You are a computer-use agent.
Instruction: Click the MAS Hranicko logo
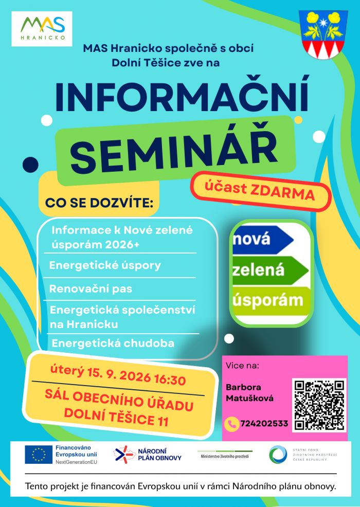(42, 29)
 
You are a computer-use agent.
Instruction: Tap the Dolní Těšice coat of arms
(323, 34)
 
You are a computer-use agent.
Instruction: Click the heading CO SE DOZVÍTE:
(99, 203)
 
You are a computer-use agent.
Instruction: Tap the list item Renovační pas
(91, 288)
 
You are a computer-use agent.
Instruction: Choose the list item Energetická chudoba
(113, 343)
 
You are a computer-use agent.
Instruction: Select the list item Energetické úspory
(105, 265)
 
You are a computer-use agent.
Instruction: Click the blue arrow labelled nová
(263, 239)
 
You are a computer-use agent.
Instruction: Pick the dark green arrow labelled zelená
(271, 270)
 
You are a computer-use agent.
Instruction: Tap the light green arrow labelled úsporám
(272, 301)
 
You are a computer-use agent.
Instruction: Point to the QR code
(319, 405)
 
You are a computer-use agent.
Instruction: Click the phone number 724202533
(264, 423)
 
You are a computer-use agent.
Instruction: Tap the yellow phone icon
(231, 424)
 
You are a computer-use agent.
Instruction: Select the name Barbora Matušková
(249, 392)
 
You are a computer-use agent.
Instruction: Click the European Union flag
(39, 455)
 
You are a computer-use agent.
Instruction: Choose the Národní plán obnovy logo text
(159, 455)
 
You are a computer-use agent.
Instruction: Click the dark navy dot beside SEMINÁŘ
(30, 164)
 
